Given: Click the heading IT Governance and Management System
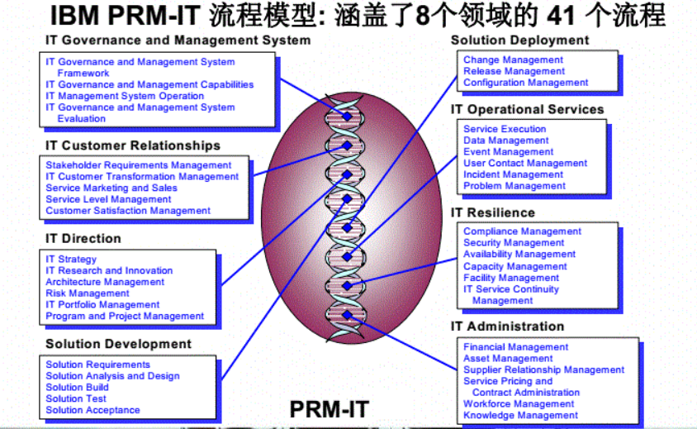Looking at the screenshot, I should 178,40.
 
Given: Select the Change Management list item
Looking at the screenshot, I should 513,60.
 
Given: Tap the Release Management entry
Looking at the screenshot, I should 514,71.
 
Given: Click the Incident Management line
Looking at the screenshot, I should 513,174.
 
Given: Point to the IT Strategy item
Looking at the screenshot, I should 71,259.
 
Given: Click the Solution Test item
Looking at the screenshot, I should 76,398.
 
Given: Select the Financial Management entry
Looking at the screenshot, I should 515,347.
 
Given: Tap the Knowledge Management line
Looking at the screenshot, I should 520,415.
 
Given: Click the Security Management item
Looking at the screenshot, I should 514,243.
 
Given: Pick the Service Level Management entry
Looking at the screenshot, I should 97,199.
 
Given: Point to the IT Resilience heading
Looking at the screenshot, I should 493,212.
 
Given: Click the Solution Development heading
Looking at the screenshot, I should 118,344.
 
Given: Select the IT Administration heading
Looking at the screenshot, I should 507,327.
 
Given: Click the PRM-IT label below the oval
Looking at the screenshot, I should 328,408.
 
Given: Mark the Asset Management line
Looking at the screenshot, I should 508,359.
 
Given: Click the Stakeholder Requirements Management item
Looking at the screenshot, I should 139,165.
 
